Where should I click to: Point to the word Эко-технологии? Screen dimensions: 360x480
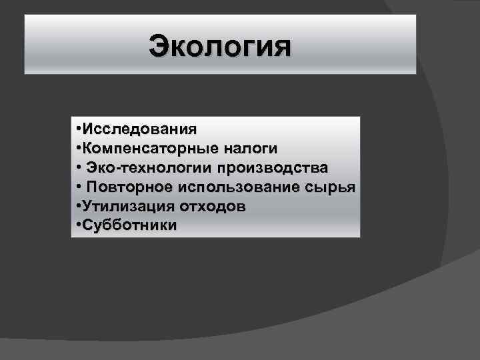coord(147,166)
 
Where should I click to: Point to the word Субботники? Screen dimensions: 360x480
coord(130,225)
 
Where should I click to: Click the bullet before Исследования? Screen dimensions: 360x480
coord(79,127)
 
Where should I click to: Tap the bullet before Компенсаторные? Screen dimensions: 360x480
coord(79,147)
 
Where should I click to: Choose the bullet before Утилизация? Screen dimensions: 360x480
coord(79,206)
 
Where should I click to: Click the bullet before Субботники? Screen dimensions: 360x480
coord(79,225)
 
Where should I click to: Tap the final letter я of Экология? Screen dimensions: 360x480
coord(281,48)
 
